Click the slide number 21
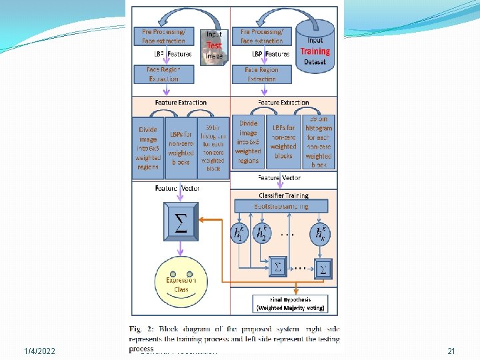(451, 351)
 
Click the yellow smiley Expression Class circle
(181, 284)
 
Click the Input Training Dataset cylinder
(314, 43)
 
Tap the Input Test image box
(214, 45)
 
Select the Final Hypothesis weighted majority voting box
(291, 304)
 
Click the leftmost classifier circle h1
(239, 234)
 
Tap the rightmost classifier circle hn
(321, 234)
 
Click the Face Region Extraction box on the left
(164, 74)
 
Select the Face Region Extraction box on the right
(262, 74)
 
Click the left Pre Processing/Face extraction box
(163, 37)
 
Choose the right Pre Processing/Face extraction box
(262, 37)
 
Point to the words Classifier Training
(283, 195)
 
